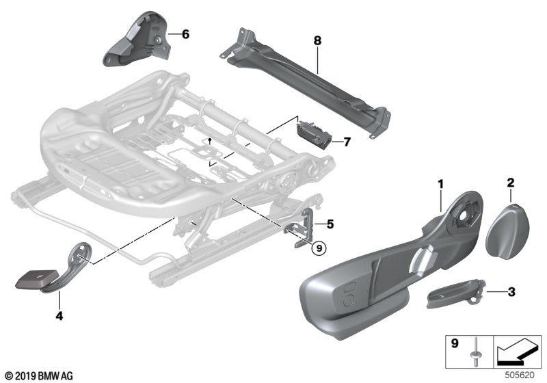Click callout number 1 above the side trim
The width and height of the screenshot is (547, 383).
pyautogui.click(x=441, y=183)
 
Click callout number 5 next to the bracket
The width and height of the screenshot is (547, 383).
pyautogui.click(x=330, y=223)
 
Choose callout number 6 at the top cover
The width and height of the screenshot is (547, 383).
pyautogui.click(x=186, y=34)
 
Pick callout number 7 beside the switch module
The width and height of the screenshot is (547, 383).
pyautogui.click(x=347, y=142)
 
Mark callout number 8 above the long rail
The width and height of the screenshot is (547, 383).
pyautogui.click(x=317, y=41)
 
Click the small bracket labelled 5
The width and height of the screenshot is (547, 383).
pyautogui.click(x=301, y=226)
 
